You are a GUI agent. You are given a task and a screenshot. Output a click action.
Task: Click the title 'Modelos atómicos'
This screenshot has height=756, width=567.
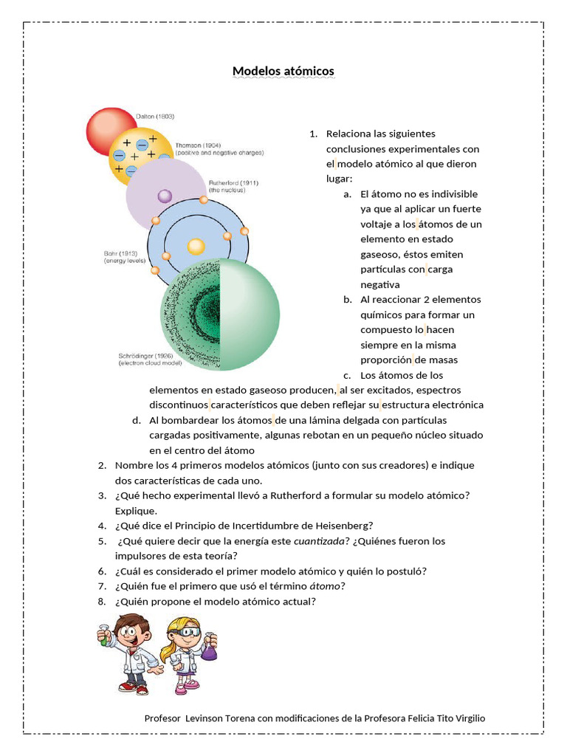(283, 71)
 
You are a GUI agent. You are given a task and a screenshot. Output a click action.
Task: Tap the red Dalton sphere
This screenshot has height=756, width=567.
(111, 131)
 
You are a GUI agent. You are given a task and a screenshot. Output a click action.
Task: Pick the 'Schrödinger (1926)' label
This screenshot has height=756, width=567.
(148, 355)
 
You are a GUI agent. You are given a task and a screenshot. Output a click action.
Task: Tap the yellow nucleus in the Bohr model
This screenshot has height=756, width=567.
(196, 247)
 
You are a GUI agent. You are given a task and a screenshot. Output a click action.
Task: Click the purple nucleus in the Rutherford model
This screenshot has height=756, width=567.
(165, 196)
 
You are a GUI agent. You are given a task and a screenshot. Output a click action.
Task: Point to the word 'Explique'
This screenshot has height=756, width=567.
(135, 511)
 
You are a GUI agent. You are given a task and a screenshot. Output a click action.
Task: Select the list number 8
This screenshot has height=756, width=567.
(102, 602)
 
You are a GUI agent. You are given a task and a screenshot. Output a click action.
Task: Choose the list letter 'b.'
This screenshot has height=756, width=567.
(348, 300)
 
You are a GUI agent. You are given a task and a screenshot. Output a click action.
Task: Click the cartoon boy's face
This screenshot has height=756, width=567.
(130, 631)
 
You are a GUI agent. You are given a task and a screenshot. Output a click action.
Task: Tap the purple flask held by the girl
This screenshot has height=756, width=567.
(210, 651)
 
